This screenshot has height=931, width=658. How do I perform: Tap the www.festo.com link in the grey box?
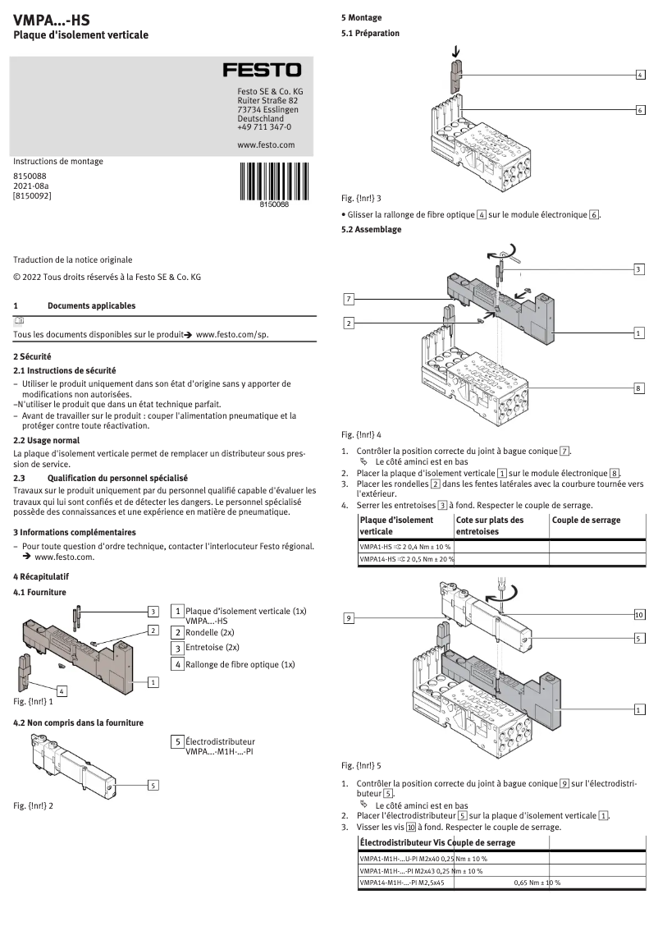click(265, 144)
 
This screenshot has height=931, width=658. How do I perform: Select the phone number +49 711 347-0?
click(263, 127)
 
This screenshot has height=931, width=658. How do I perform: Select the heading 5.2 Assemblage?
click(371, 229)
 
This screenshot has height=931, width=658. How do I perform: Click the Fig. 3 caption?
click(361, 198)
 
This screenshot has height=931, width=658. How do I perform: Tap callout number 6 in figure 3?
click(640, 109)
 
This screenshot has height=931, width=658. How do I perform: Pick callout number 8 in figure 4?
click(639, 387)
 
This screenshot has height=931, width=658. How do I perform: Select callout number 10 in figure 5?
click(639, 613)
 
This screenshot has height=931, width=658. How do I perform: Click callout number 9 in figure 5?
click(349, 617)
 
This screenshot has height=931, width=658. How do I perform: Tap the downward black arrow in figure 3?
click(455, 54)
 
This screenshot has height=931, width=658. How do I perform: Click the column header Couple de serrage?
click(586, 520)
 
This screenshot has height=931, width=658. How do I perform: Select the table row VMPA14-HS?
click(406, 558)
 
